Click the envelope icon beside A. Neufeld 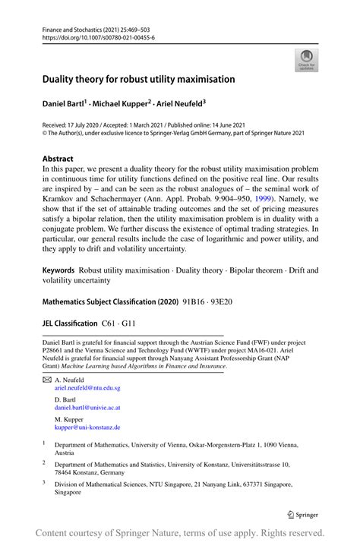46,379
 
